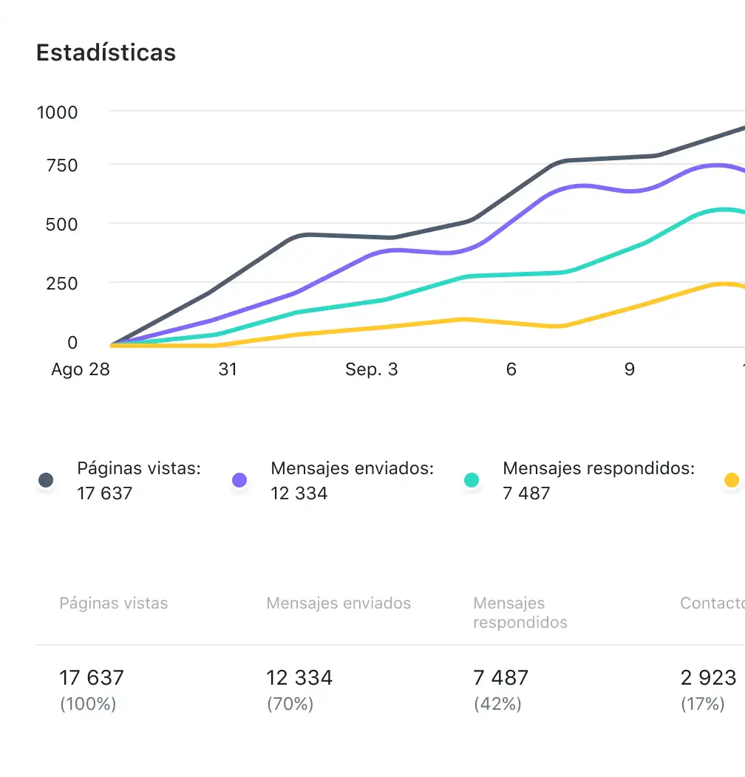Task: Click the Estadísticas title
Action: point(106,53)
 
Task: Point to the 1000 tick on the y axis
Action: point(57,112)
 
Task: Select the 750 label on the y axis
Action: point(61,165)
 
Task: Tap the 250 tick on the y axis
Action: point(61,284)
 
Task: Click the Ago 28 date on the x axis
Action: point(80,369)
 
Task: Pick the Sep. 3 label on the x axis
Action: point(371,369)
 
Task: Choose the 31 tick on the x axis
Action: point(228,369)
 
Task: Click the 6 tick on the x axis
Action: point(511,369)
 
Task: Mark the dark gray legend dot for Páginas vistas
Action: point(46,481)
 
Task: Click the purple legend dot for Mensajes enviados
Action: point(239,481)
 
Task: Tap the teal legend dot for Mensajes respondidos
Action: point(471,481)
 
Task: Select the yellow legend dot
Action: point(731,481)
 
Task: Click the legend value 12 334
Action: point(299,493)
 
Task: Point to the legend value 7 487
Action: point(526,493)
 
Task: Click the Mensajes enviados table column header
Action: point(339,603)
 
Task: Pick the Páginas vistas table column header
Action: point(114,603)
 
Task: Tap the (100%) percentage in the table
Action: point(88,704)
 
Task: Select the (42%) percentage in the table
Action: point(497,704)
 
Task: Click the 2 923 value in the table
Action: point(708,677)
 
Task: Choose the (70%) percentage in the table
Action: point(290,704)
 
